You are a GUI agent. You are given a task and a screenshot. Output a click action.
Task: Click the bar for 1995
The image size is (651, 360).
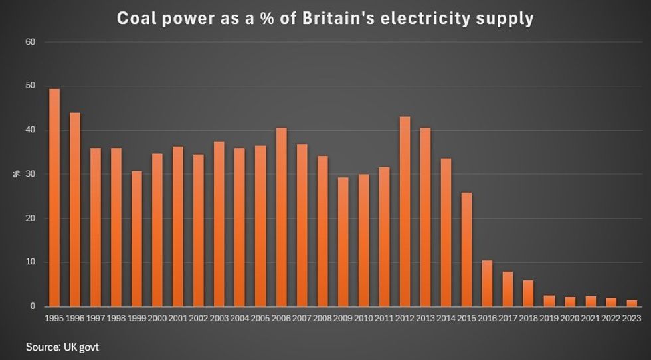click(x=54, y=197)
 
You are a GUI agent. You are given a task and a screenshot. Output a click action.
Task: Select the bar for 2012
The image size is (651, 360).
click(x=405, y=211)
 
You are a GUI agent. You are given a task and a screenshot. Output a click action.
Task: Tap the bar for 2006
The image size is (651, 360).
click(x=281, y=217)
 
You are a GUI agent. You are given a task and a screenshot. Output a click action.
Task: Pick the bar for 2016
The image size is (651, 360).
click(x=487, y=283)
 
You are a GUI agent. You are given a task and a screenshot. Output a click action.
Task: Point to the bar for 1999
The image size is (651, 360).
click(x=137, y=238)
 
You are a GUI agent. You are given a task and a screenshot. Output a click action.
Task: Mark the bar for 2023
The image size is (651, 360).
click(x=631, y=303)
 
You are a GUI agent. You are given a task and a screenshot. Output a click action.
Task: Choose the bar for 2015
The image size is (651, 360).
click(x=466, y=249)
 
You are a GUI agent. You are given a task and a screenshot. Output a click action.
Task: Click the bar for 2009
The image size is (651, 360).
click(x=343, y=242)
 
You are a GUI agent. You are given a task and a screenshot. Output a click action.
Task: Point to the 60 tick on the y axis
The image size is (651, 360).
click(x=31, y=42)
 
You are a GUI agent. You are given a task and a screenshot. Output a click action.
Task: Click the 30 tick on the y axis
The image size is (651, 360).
click(x=31, y=174)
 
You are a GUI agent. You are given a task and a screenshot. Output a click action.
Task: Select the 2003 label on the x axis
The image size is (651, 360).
click(x=219, y=318)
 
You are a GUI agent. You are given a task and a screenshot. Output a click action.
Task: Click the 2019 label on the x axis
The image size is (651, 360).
click(x=549, y=318)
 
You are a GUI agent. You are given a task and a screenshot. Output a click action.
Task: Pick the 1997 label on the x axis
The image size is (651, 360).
click(x=96, y=318)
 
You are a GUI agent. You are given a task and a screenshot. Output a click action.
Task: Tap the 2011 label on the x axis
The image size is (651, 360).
click(x=384, y=318)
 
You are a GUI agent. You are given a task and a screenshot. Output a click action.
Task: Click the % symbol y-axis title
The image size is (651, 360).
click(x=15, y=174)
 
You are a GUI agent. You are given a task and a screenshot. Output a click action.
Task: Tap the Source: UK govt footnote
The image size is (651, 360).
click(x=62, y=346)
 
